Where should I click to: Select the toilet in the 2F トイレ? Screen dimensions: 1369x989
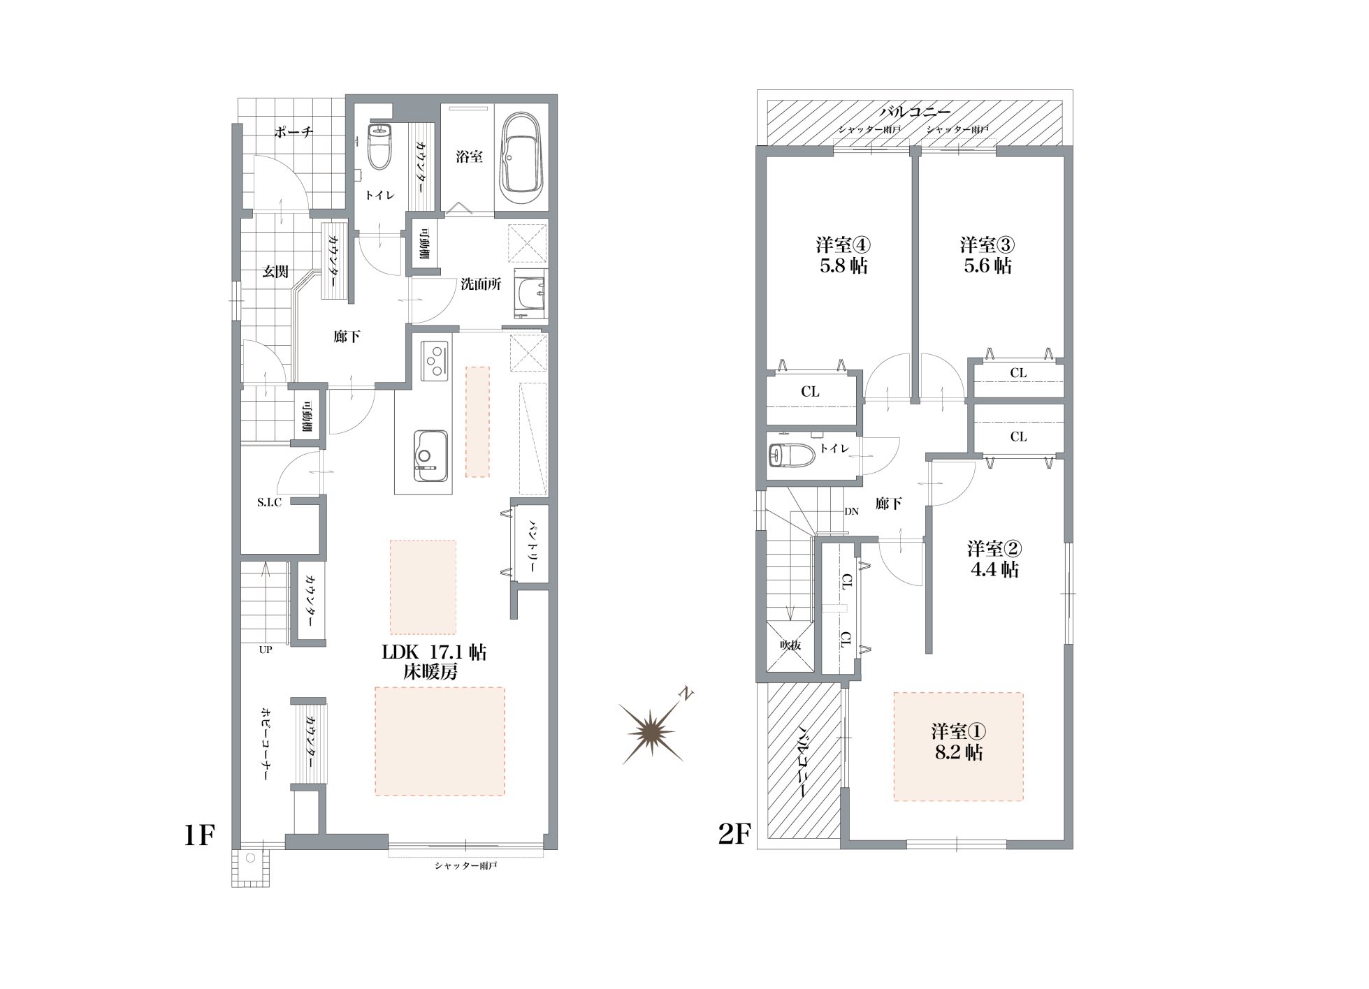tap(792, 456)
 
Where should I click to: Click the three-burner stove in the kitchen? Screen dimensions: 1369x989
tap(435, 360)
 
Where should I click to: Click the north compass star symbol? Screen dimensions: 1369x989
tap(654, 731)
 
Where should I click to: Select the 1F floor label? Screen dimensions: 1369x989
tap(198, 835)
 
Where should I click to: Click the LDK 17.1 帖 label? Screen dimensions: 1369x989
tap(434, 653)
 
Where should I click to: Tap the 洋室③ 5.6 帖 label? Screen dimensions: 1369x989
tap(987, 256)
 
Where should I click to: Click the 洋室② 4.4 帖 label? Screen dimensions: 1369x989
tap(994, 559)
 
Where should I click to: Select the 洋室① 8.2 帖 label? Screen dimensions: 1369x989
tap(958, 742)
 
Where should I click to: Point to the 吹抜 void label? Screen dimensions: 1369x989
tap(790, 645)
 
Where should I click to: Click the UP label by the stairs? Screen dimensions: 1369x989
tap(266, 650)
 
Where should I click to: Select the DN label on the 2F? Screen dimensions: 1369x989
tap(851, 511)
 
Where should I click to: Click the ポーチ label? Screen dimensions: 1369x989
tap(294, 132)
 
